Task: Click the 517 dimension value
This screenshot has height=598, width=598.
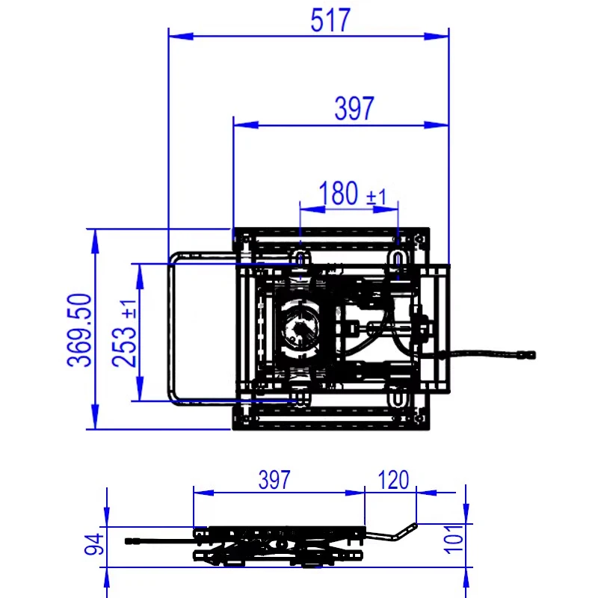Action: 330,20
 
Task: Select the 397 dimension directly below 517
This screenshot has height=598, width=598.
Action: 354,108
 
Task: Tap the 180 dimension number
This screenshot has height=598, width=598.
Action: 339,193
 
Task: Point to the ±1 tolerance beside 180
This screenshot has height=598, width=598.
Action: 377,197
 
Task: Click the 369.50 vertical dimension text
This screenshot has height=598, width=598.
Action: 79,330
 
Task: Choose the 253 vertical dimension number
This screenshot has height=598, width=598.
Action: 124,346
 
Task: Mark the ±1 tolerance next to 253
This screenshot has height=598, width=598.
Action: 129,309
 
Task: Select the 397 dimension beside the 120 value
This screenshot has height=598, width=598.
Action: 274,480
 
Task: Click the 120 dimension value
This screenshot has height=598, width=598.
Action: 393,480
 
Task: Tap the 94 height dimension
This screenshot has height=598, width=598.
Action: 94,544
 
